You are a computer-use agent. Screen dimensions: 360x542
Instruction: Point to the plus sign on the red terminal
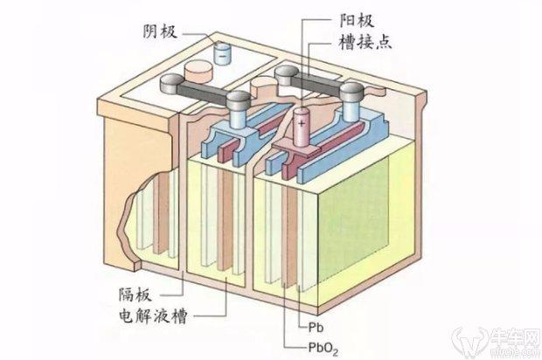pyautogui.click(x=302, y=124)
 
